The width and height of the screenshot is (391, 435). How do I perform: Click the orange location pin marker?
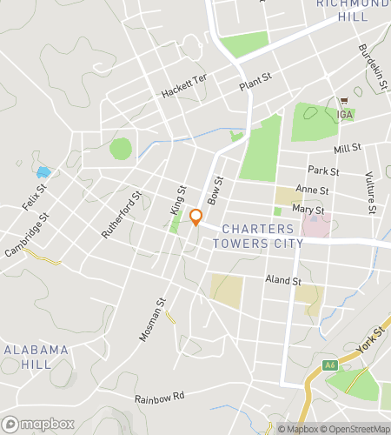pyautogui.click(x=196, y=217)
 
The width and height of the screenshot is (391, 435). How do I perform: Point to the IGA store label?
pyautogui.click(x=346, y=114)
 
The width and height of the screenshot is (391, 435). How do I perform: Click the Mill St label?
pyautogui.click(x=347, y=148)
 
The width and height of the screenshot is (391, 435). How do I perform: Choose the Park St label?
pyautogui.click(x=322, y=170)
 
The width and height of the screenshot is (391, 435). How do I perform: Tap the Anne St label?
pyautogui.click(x=312, y=190)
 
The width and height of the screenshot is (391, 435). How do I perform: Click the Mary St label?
pyautogui.click(x=308, y=210)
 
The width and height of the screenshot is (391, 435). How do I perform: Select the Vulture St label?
pyautogui.click(x=370, y=192)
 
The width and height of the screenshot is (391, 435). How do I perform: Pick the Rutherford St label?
pyautogui.click(x=121, y=216)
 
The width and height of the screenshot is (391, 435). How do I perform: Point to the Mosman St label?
pyautogui.click(x=153, y=320)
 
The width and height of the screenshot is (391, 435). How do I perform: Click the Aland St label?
pyautogui.click(x=283, y=281)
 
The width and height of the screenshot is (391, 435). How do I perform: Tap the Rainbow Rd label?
pyautogui.click(x=159, y=398)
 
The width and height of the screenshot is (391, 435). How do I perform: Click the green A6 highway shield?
pyautogui.click(x=330, y=365)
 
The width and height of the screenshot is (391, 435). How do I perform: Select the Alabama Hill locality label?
pyautogui.click(x=36, y=357)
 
